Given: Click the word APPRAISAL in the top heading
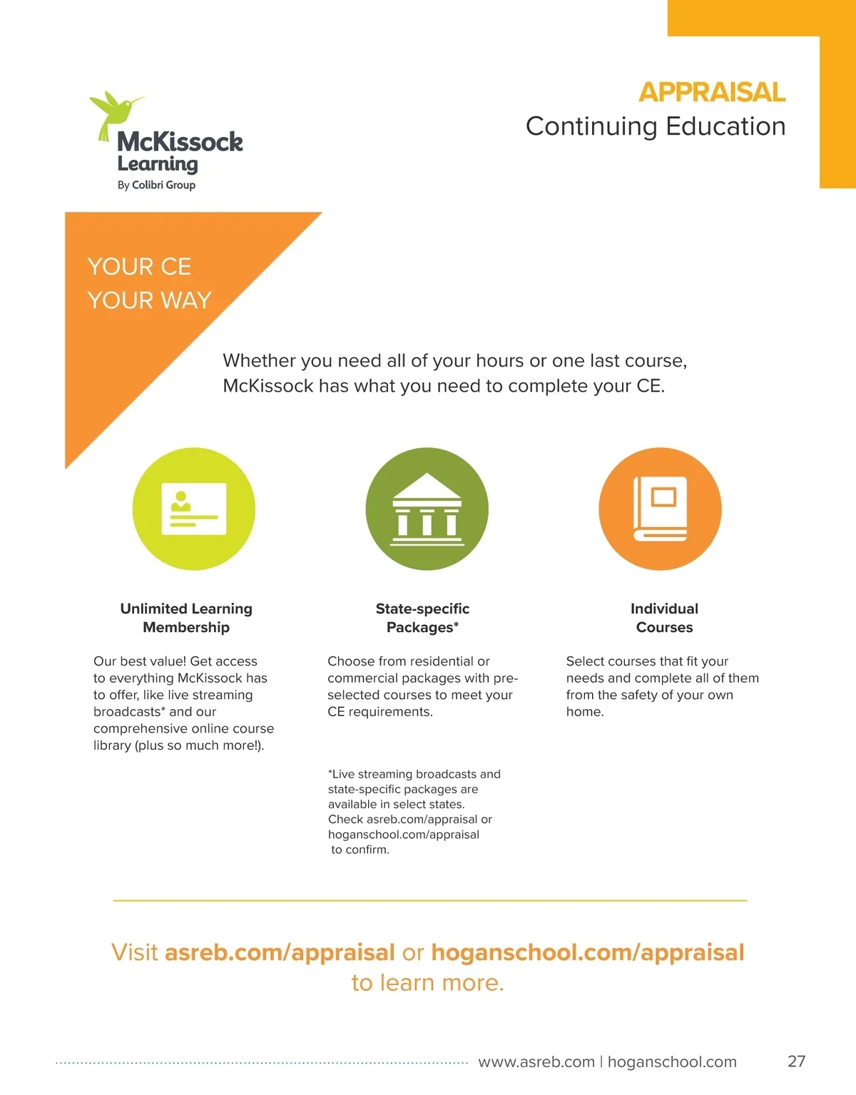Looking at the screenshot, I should click(x=711, y=92).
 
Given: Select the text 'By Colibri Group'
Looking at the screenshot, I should click(x=156, y=185).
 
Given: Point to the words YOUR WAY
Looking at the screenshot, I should click(x=150, y=300).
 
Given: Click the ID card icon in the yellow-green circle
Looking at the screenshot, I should click(x=193, y=509).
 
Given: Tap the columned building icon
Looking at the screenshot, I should click(x=427, y=509).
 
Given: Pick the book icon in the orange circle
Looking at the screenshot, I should click(x=660, y=509).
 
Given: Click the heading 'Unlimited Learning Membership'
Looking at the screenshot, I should click(x=186, y=618).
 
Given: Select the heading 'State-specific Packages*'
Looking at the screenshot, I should click(x=422, y=618).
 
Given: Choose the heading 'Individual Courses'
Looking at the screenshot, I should click(x=664, y=618).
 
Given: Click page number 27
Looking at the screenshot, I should click(x=796, y=1061).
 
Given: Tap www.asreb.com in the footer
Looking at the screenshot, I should click(x=536, y=1062).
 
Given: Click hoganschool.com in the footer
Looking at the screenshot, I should click(x=672, y=1062).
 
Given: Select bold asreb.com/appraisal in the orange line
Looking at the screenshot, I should click(x=280, y=953).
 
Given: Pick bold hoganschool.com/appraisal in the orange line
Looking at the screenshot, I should click(x=588, y=953).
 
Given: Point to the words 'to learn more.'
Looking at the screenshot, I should click(x=427, y=983).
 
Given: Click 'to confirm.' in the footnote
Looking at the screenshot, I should click(x=360, y=850).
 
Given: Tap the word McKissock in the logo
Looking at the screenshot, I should click(x=180, y=141).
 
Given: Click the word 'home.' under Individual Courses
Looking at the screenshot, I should click(x=585, y=712).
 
